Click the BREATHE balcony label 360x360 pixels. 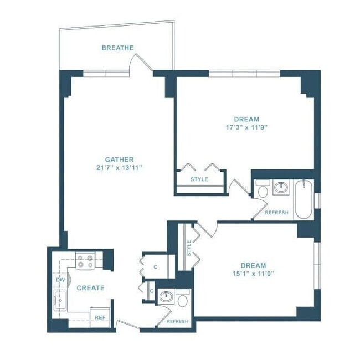click(x=117, y=48)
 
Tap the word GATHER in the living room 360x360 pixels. click(x=119, y=160)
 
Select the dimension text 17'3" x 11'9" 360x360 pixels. click(x=246, y=126)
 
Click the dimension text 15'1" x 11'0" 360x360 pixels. click(x=253, y=273)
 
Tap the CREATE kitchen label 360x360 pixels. click(x=90, y=288)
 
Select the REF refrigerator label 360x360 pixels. click(x=100, y=317)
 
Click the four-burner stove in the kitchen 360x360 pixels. click(x=85, y=261)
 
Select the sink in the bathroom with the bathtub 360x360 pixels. click(x=281, y=187)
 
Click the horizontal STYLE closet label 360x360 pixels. click(x=199, y=179)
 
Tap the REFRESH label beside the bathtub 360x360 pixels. click(x=276, y=213)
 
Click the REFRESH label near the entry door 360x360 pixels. click(x=177, y=321)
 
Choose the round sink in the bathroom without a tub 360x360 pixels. click(x=166, y=297)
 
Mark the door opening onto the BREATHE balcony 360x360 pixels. click(x=141, y=63)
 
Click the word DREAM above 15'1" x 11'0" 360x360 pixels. click(x=253, y=265)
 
